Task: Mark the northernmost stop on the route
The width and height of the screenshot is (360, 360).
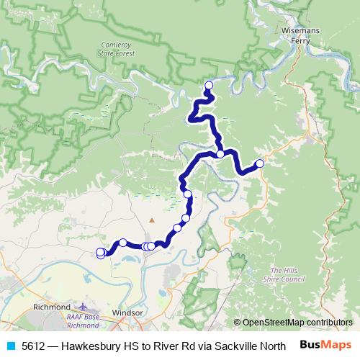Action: pos(209,86)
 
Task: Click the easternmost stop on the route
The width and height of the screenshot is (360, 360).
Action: pos(260,163)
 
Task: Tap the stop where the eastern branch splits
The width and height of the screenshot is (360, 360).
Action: pos(220,153)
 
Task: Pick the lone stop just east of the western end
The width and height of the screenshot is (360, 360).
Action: pos(123,242)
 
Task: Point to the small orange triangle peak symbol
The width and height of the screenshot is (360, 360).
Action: pos(151,219)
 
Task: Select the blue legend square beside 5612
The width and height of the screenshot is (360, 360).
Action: pos(9,346)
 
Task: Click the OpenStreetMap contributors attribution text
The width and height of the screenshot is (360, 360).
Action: pos(297,323)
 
